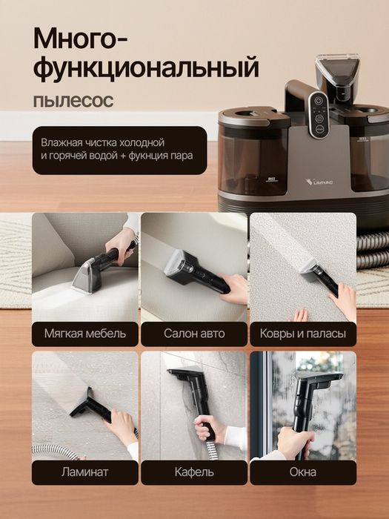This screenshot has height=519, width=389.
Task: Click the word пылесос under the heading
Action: (73, 100)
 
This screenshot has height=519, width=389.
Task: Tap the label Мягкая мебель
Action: (84, 334)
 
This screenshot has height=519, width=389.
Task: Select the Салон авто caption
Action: (193, 334)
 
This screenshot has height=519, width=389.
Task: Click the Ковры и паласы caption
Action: (302, 334)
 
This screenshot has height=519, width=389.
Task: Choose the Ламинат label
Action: (84, 472)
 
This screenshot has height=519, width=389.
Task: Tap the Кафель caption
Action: (193, 472)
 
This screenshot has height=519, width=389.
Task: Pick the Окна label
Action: (302, 472)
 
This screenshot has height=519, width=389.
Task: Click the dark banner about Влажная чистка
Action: (119, 151)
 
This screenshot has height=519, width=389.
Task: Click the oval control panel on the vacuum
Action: (318, 115)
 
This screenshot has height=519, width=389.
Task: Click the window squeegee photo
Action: (302, 405)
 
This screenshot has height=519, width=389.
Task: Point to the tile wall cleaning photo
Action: (193, 405)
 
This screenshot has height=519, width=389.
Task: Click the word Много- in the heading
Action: (82, 37)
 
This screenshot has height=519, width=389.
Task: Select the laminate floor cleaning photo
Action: (84, 405)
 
